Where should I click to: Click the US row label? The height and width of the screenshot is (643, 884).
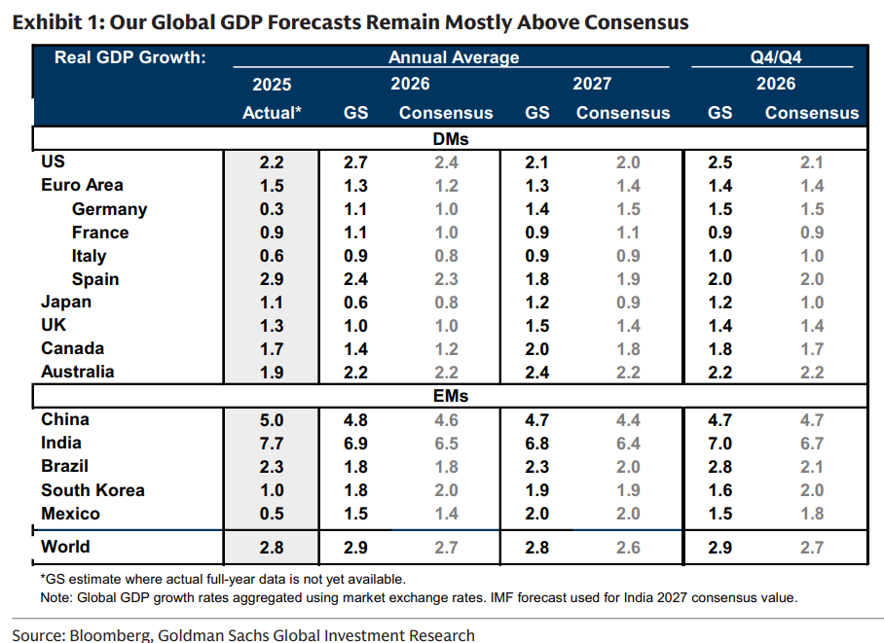[53, 161]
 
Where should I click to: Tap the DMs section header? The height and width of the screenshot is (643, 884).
[450, 139]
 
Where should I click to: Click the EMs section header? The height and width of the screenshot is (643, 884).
[450, 396]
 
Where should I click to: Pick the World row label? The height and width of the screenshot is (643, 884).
[65, 548]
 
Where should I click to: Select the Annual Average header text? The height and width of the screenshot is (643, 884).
[454, 57]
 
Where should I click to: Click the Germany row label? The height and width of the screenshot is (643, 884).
[109, 209]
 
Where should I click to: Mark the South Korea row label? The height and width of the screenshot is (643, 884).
[92, 490]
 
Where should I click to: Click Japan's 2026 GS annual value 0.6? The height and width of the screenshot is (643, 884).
[355, 303]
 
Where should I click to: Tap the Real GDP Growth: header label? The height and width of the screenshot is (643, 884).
[129, 57]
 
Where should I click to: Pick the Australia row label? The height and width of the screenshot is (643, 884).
[77, 372]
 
